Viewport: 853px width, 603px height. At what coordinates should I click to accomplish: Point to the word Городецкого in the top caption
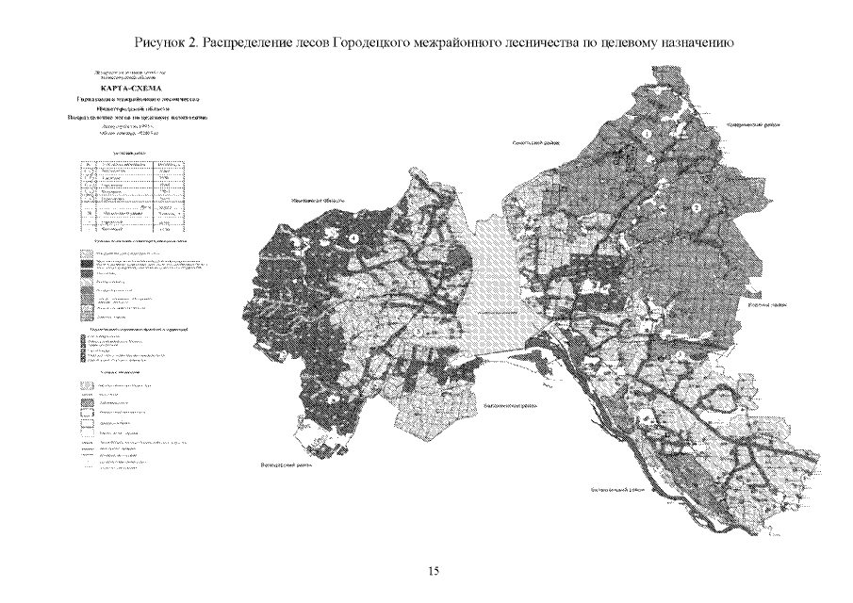(372, 43)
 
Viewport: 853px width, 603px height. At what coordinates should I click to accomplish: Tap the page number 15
(434, 570)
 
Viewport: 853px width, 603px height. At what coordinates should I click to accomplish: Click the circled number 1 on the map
(648, 135)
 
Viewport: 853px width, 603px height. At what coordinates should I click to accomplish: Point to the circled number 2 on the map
(697, 206)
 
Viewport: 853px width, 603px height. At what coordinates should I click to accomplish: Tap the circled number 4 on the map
(353, 239)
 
